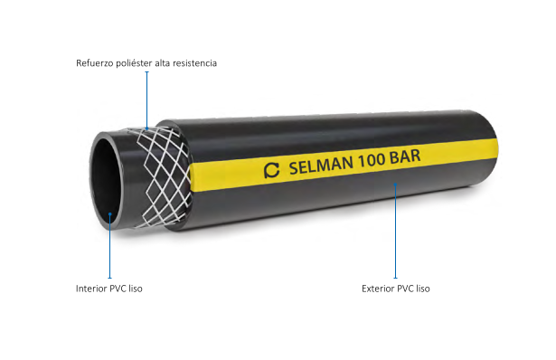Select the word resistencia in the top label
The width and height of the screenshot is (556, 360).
tap(194, 63)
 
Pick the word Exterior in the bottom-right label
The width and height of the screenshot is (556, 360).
tap(379, 289)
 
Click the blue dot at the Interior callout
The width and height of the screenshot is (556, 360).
tap(110, 215)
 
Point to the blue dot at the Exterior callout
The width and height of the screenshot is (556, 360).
tap(395, 185)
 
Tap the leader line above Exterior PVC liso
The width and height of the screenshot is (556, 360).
tap(395, 235)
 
